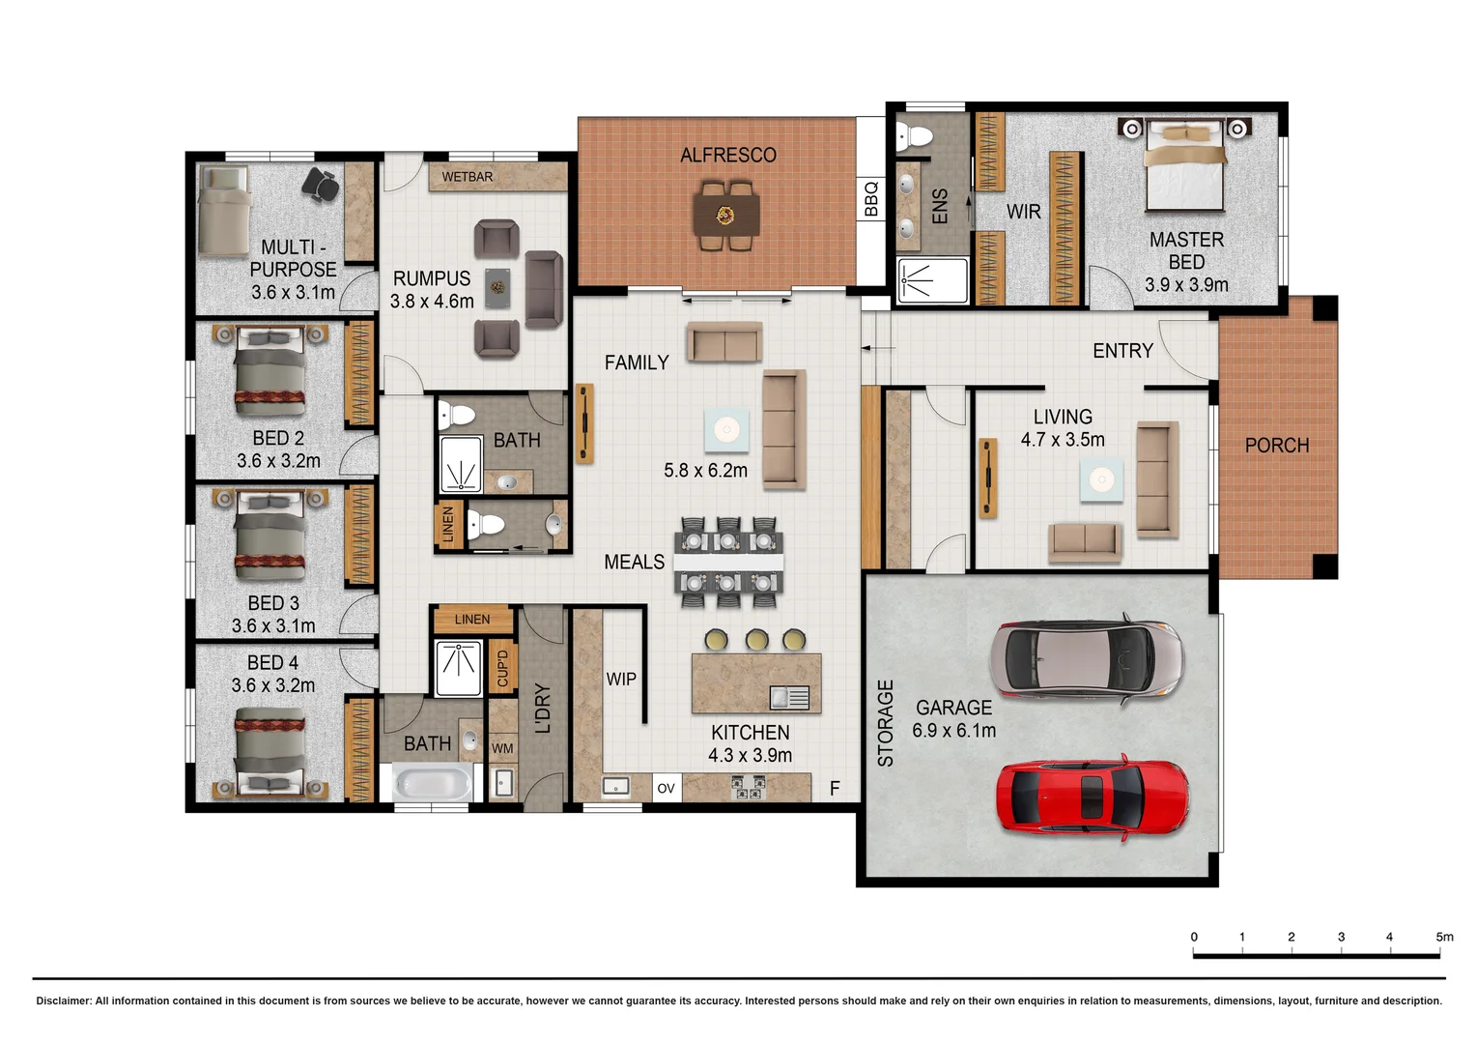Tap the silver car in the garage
1088,659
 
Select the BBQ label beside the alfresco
871,198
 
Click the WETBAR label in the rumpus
468,177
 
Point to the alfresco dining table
726,215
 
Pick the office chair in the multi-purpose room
321,184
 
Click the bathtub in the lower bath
432,782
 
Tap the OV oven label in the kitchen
667,788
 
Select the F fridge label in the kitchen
835,788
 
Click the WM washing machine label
502,748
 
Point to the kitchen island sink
789,697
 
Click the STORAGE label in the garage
886,723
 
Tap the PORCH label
1276,446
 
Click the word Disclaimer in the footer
63,1000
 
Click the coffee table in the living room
1101,479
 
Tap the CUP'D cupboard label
502,667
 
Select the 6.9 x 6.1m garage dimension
953,730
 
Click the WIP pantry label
621,679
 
